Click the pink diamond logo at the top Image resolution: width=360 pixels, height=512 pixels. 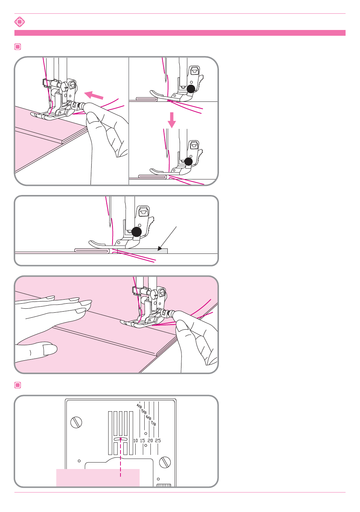tap(19, 22)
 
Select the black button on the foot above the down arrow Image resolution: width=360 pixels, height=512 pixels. tap(191, 89)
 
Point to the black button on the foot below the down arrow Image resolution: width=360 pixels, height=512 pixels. tap(188, 161)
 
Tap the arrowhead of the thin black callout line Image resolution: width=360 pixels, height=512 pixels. tap(159, 248)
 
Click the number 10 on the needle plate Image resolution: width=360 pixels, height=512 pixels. tap(136, 441)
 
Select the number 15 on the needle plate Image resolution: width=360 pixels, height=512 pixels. tap(142, 441)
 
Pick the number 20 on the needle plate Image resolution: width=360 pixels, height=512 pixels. tap(150, 441)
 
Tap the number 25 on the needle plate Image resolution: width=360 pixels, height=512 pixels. tap(158, 441)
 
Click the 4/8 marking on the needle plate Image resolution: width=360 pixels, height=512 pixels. tap(139, 406)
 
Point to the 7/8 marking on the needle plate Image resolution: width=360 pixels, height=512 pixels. tap(153, 423)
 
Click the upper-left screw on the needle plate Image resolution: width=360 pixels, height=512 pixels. tap(76, 422)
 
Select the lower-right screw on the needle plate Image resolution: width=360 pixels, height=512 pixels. tap(165, 462)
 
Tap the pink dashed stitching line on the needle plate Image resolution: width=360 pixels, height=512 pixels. tap(120, 459)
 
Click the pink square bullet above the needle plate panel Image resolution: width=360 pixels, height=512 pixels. tap(18, 385)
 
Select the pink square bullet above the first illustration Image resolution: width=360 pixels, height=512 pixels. tap(18, 47)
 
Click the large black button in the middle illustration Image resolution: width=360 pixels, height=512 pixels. tap(136, 232)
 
